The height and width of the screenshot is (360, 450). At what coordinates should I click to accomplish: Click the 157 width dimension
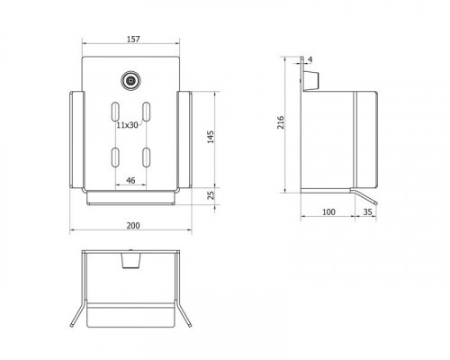[133, 39]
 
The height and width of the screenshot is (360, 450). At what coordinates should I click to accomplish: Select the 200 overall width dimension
[133, 225]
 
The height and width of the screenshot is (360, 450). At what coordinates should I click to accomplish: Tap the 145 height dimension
[211, 137]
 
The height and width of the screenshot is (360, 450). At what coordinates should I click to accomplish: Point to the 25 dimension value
[211, 195]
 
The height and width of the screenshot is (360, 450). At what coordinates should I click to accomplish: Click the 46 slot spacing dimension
[130, 180]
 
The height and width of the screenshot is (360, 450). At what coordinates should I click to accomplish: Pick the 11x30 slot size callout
[127, 125]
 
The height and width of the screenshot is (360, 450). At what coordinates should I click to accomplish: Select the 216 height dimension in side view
[281, 122]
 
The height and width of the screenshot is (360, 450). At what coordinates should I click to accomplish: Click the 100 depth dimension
[328, 211]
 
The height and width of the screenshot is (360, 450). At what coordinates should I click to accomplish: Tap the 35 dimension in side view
[367, 211]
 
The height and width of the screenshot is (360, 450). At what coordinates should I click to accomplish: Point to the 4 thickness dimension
[310, 59]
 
